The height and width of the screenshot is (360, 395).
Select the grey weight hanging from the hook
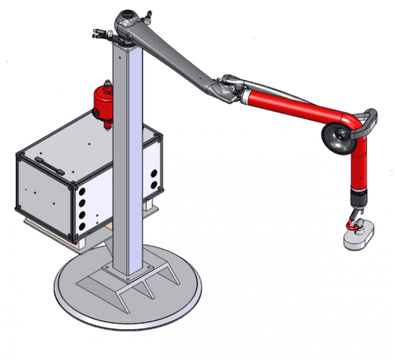(358, 236)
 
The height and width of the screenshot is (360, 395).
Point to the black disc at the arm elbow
(336, 136)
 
